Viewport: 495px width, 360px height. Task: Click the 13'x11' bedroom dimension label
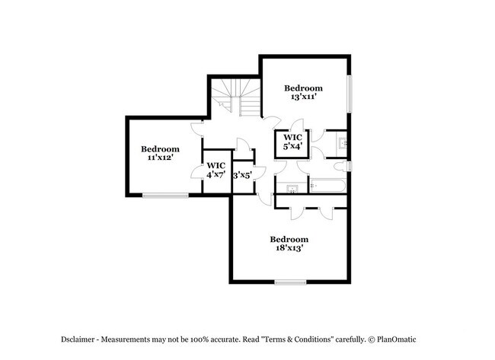pyautogui.click(x=303, y=97)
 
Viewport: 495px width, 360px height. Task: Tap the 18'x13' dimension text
pyautogui.click(x=289, y=247)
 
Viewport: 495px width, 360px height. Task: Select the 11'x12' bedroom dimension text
pyautogui.click(x=161, y=157)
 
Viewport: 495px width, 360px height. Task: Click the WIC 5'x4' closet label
pyautogui.click(x=292, y=142)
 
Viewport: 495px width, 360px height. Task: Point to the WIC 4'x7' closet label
pyautogui.click(x=216, y=170)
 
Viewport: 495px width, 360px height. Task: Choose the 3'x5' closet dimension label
pyautogui.click(x=242, y=175)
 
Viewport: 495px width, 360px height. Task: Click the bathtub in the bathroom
pyautogui.click(x=327, y=186)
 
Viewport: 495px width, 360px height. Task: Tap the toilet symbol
pyautogui.click(x=340, y=166)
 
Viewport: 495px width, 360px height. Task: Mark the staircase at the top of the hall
pyautogui.click(x=236, y=97)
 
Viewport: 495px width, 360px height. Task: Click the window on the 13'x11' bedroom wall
pyautogui.click(x=350, y=94)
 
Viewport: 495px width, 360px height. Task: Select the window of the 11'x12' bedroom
pyautogui.click(x=165, y=196)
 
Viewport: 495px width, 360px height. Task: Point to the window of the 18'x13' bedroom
pyautogui.click(x=290, y=282)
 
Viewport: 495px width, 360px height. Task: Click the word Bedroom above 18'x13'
pyautogui.click(x=289, y=239)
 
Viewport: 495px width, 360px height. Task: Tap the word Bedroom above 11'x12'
pyautogui.click(x=160, y=149)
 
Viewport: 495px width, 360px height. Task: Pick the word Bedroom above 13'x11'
pyautogui.click(x=303, y=88)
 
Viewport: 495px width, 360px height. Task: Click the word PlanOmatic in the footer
pyautogui.click(x=397, y=339)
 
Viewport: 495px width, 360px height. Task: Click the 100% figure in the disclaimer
pyautogui.click(x=200, y=339)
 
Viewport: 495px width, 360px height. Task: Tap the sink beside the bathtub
pyautogui.click(x=292, y=189)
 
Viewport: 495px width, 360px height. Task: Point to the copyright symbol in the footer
pyautogui.click(x=372, y=339)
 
